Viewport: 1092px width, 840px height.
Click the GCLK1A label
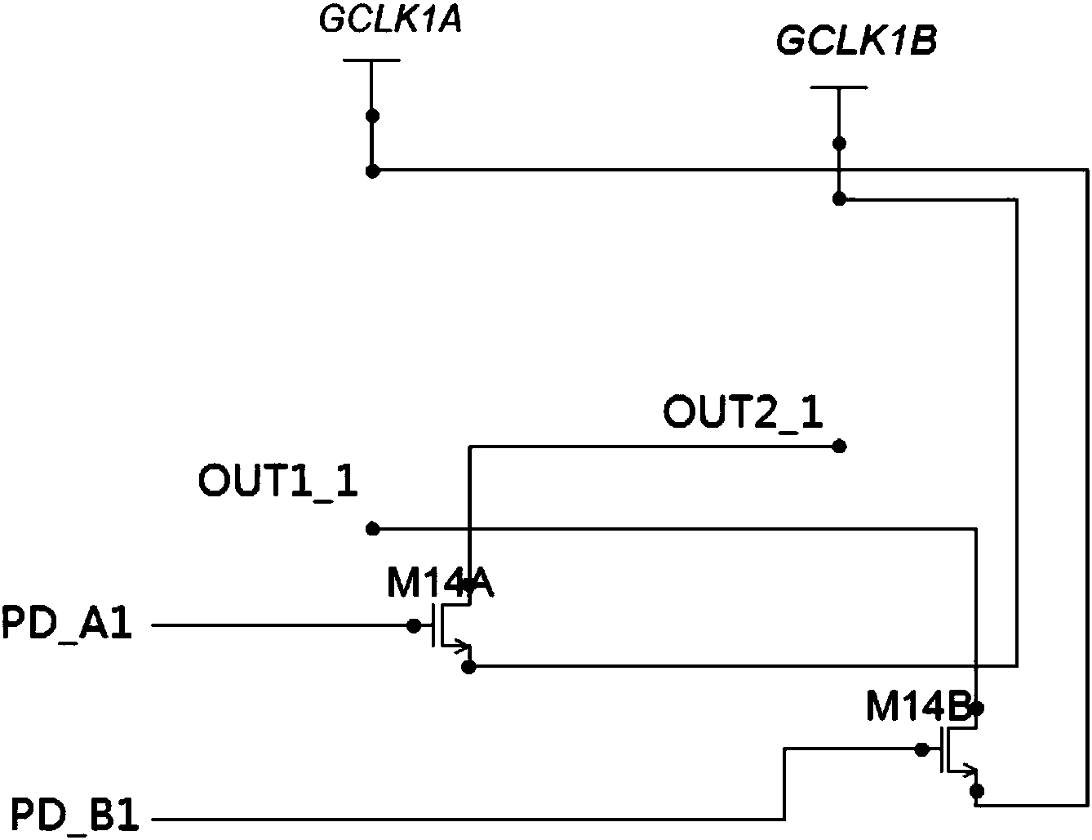(x=391, y=21)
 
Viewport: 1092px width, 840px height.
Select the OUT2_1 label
(x=743, y=412)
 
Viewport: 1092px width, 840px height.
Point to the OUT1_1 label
(x=277, y=482)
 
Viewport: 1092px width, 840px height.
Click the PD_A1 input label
(x=67, y=627)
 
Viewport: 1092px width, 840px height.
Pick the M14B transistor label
(x=918, y=709)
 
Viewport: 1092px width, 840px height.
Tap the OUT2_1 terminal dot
(x=838, y=447)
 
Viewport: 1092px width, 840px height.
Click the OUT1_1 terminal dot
(x=372, y=529)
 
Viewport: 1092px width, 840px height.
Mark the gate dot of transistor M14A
(x=414, y=626)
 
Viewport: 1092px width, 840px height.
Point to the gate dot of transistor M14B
(x=921, y=749)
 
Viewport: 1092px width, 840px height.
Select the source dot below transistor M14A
(x=468, y=667)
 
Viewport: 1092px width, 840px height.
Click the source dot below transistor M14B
(x=975, y=790)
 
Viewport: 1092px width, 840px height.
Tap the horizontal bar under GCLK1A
(x=371, y=60)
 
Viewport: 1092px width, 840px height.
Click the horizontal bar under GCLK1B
(x=838, y=87)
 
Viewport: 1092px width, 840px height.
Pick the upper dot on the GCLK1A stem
(x=372, y=116)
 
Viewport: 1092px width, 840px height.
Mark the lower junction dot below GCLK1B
(x=838, y=198)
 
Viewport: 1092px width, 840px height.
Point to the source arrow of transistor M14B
(x=970, y=769)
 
